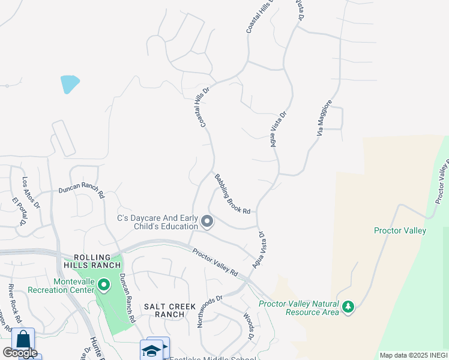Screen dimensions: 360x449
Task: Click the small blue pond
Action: pos(70,84)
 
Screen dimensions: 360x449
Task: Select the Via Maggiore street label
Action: pos(324,117)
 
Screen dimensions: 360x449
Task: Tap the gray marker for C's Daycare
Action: pos(207,223)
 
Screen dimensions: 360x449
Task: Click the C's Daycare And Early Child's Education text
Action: pos(158,222)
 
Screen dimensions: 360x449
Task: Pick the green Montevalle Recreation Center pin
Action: pos(104,284)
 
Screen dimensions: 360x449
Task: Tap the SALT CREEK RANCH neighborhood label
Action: pos(170,310)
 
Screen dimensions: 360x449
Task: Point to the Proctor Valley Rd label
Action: pos(215,262)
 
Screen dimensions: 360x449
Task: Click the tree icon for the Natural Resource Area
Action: pos(348,308)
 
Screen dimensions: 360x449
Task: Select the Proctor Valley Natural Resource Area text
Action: pos(298,308)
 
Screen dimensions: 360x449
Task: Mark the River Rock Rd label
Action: pos(15,303)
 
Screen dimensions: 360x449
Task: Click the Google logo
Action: pos(19,352)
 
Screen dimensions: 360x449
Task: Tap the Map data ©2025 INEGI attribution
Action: pos(414,355)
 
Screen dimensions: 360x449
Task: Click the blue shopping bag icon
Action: pos(23,340)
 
